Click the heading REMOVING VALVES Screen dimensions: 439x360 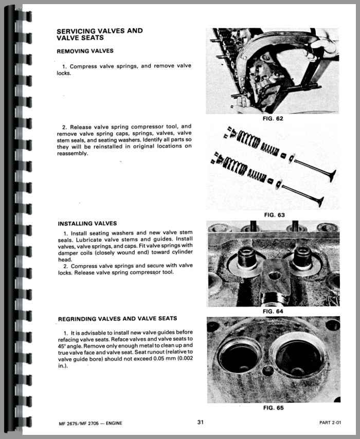[x=85, y=51]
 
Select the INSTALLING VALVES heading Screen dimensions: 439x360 [x=87, y=224]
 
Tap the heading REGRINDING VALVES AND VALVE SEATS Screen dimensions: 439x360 [x=117, y=319]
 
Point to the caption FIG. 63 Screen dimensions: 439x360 [x=273, y=215]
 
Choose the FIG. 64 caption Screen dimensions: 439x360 [x=273, y=311]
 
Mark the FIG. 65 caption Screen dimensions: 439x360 [x=273, y=408]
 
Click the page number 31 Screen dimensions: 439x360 [x=201, y=423]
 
